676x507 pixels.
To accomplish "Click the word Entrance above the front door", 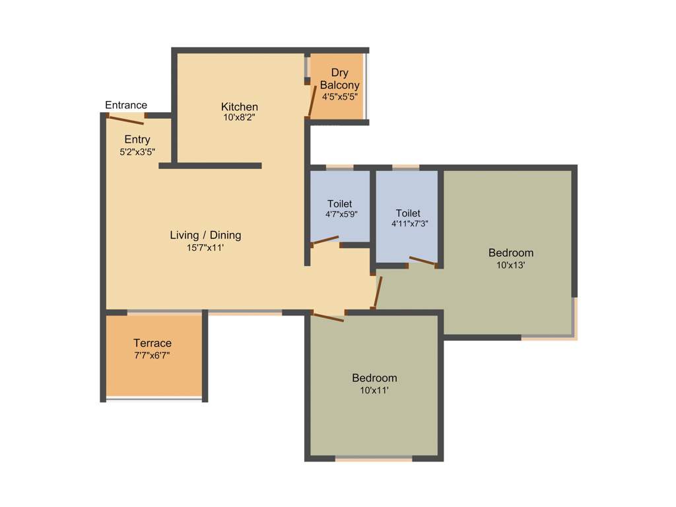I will click(x=126, y=105).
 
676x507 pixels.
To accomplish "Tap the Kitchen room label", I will click(x=240, y=107).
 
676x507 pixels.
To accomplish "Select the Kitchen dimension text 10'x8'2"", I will click(x=240, y=118).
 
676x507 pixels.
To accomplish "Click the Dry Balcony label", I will click(x=339, y=79).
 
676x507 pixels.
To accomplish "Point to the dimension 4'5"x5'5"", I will click(x=339, y=96).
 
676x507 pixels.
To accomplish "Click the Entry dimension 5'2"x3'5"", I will click(x=137, y=151).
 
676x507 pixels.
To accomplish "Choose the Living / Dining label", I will click(x=205, y=235).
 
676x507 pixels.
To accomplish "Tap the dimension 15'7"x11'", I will click(x=205, y=248).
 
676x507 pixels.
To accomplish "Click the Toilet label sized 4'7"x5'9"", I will click(x=339, y=203).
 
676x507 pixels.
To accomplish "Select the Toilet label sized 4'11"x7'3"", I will click(x=408, y=213).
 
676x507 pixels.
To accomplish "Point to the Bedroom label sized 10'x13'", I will click(x=510, y=253).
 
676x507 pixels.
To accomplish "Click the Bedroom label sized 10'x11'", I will click(x=374, y=378).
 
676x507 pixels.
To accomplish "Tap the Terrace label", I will click(x=152, y=343).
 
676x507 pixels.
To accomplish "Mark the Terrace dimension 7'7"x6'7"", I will click(x=152, y=355).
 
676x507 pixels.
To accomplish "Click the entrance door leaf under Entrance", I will click(x=125, y=119).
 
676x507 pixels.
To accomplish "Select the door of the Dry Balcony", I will click(x=310, y=100).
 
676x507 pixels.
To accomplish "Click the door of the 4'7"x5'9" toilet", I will click(x=325, y=241).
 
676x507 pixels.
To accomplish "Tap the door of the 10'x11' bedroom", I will click(x=327, y=318).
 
